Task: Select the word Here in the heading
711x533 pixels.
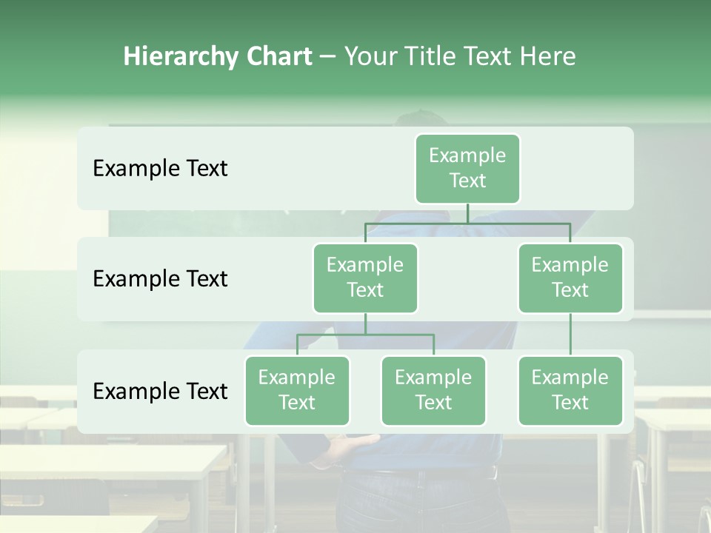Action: pos(547,57)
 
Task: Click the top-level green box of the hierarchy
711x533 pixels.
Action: pos(467,168)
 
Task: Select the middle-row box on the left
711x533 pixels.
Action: pos(365,278)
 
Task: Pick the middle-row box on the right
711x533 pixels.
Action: pos(570,278)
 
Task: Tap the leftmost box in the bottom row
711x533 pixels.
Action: pos(297,390)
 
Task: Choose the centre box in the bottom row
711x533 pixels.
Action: pos(433,390)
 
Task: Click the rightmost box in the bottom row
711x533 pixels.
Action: pos(570,390)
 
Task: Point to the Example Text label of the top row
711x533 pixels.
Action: pos(160,169)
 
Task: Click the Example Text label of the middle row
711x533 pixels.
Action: pos(160,279)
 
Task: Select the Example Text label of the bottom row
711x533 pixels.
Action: pos(160,391)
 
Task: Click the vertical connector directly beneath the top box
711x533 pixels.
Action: pos(467,213)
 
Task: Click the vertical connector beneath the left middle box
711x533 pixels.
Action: pos(365,324)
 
